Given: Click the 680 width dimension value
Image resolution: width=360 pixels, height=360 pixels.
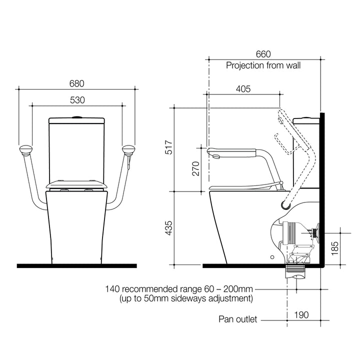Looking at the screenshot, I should (x=76, y=83).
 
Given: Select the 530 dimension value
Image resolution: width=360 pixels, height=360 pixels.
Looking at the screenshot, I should (x=77, y=100).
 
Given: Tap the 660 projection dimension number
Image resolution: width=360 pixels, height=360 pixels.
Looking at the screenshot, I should (x=263, y=53).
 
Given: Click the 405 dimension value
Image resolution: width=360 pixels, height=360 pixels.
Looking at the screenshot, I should (x=242, y=88).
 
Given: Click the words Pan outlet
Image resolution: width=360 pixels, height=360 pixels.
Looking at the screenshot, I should (x=237, y=319).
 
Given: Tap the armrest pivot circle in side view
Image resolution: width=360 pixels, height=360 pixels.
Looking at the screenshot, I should (x=286, y=205).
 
